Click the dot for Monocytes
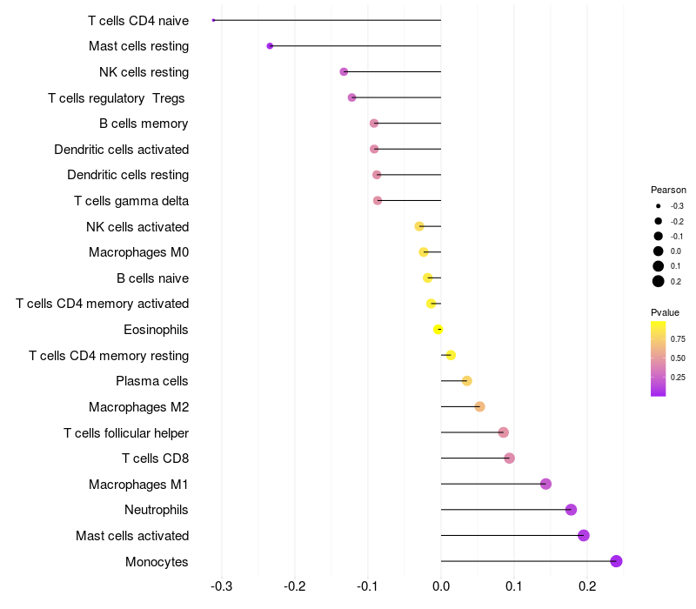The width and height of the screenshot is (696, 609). pyautogui.click(x=616, y=561)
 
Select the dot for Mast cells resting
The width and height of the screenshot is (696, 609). pyautogui.click(x=270, y=46)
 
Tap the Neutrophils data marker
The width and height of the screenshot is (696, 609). pyautogui.click(x=571, y=510)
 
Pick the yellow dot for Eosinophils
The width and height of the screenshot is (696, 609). pyautogui.click(x=438, y=329)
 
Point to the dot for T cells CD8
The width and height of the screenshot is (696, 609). pyautogui.click(x=509, y=458)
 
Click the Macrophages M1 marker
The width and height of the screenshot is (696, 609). pyautogui.click(x=545, y=484)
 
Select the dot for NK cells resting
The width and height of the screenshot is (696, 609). pyautogui.click(x=344, y=71)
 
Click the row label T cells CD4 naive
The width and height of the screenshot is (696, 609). pyautogui.click(x=138, y=20)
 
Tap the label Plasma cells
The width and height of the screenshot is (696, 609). pyautogui.click(x=152, y=381)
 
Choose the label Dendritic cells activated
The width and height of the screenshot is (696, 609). pyautogui.click(x=122, y=149)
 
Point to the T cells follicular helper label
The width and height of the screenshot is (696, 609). pyautogui.click(x=126, y=432)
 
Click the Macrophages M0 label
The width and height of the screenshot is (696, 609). pyautogui.click(x=139, y=252)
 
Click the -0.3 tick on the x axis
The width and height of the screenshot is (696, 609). pyautogui.click(x=222, y=586)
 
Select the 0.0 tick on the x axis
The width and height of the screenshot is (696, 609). pyautogui.click(x=441, y=586)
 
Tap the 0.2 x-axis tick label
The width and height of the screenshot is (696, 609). pyautogui.click(x=587, y=586)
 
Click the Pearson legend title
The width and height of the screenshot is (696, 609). pyautogui.click(x=668, y=190)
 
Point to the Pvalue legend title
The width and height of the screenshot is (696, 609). pyautogui.click(x=666, y=311)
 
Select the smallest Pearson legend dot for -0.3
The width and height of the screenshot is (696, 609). pyautogui.click(x=659, y=206)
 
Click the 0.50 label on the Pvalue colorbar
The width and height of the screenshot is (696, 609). pyautogui.click(x=678, y=358)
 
